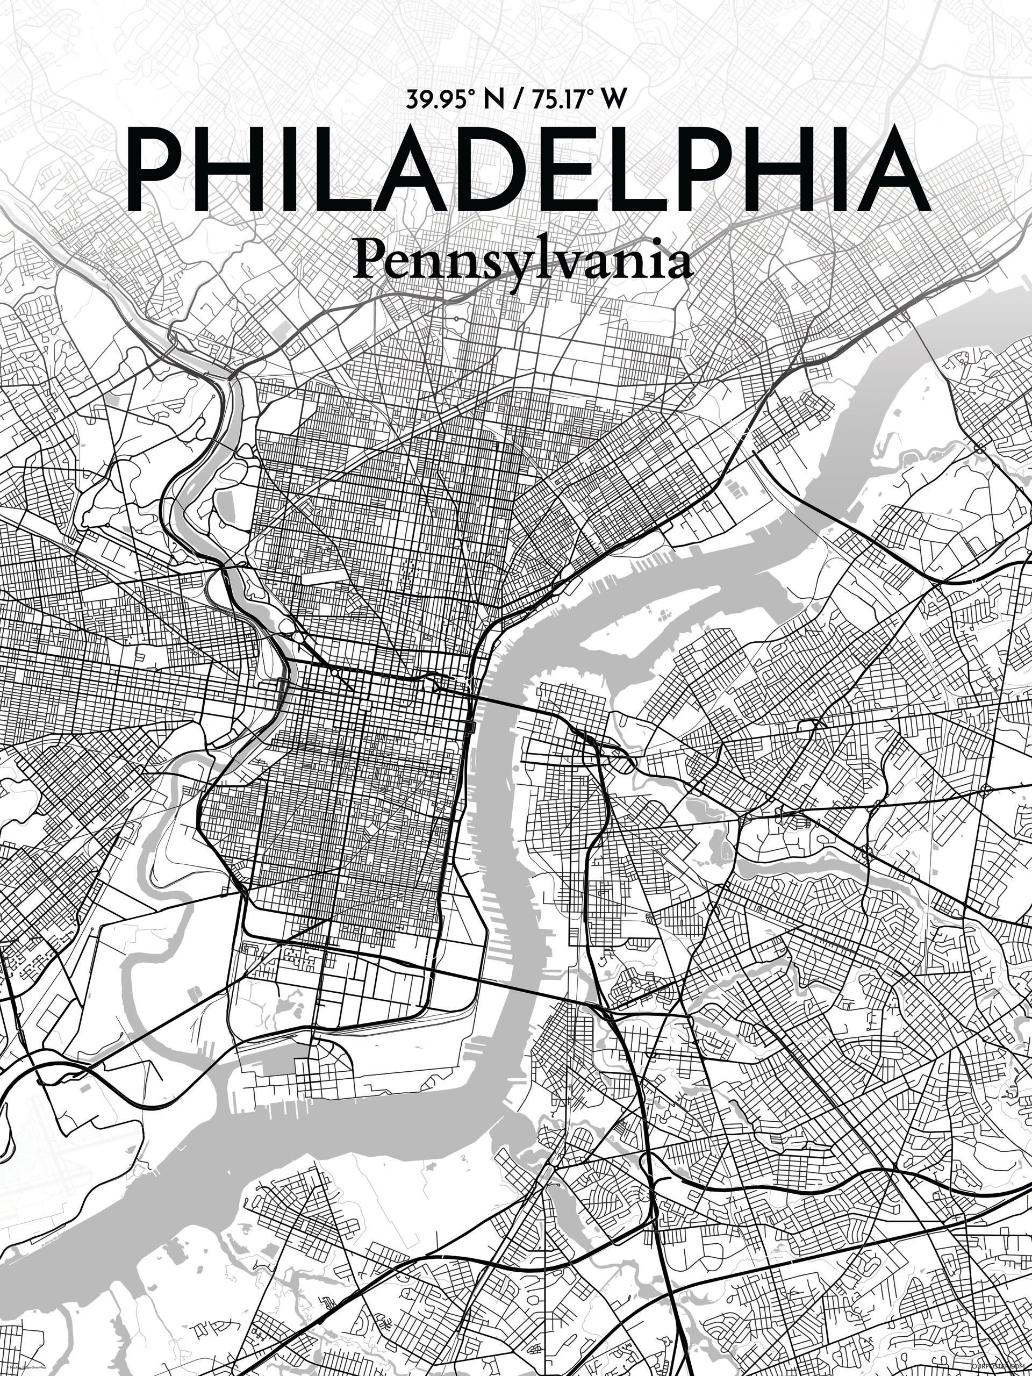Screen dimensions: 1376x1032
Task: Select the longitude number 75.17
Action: (x=557, y=99)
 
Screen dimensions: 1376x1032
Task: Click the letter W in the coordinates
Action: (x=613, y=99)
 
